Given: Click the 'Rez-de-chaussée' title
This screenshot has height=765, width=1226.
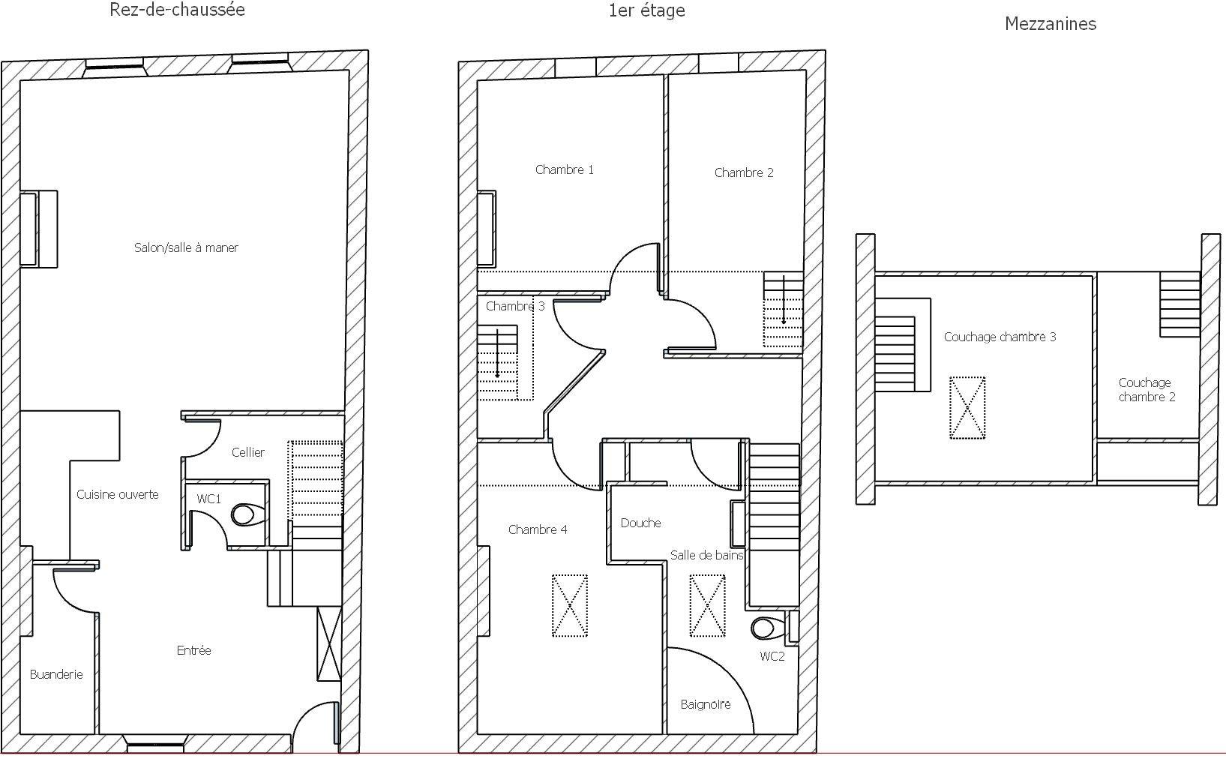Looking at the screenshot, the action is click(177, 10).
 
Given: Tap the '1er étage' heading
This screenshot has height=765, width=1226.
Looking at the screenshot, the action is click(647, 10).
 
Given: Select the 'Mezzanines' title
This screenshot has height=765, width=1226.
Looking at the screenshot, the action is click(1051, 24).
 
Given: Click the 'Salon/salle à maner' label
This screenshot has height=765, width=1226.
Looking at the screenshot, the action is click(186, 247).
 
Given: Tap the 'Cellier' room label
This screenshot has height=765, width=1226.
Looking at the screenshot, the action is click(248, 452).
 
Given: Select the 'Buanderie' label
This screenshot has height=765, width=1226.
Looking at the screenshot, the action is click(56, 675).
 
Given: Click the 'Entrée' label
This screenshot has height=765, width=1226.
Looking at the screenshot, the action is click(193, 650).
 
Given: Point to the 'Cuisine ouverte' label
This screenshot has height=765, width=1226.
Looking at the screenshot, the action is click(118, 494).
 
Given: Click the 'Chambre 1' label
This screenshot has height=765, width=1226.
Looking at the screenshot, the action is click(565, 169).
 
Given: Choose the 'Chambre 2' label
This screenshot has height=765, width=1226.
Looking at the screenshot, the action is click(744, 173).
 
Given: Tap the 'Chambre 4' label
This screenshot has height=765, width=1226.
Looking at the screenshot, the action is click(538, 529).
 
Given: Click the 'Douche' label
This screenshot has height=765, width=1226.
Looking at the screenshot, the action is click(640, 523).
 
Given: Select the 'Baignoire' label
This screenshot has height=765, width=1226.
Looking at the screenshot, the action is click(706, 705).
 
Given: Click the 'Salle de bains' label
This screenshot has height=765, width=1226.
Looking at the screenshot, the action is click(706, 555).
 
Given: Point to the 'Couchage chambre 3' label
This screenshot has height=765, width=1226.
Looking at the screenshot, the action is click(1000, 337).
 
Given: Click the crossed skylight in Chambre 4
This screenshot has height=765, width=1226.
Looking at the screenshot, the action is click(570, 606).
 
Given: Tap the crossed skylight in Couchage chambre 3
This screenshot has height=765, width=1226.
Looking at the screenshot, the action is click(967, 408).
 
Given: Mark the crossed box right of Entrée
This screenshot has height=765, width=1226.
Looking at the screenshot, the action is click(329, 644).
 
